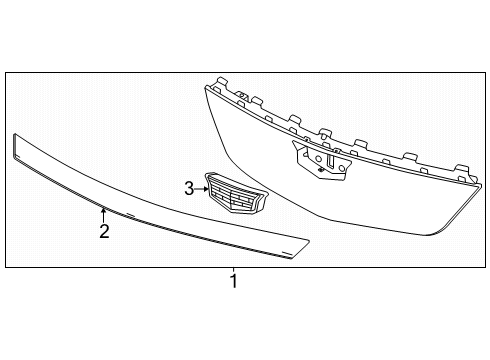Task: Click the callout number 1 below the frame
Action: tap(234, 281)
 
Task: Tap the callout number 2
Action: tap(104, 231)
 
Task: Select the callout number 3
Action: tap(189, 189)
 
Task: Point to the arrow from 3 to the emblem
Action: tap(201, 189)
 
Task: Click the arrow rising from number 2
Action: tap(103, 215)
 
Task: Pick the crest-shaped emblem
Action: tap(237, 193)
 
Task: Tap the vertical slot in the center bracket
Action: tap(331, 160)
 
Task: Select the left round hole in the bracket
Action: tap(319, 159)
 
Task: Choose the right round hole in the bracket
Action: tap(341, 168)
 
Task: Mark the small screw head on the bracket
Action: tap(321, 170)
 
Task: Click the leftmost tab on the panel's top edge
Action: tap(222, 82)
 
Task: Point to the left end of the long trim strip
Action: tap(14, 146)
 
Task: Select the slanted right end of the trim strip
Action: tap(300, 249)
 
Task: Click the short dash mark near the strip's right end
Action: tap(286, 252)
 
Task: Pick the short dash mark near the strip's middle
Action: tap(130, 214)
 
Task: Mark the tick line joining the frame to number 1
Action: tap(234, 270)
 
